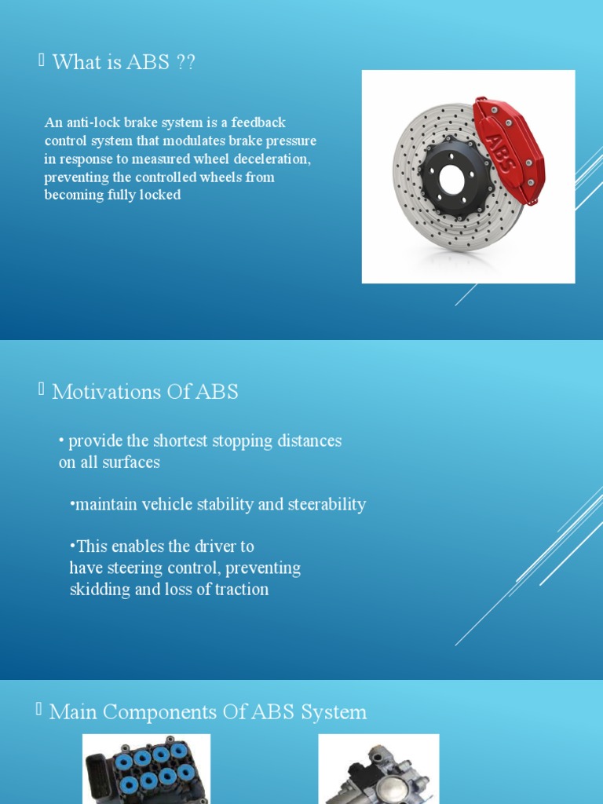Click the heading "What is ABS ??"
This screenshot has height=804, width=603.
123,63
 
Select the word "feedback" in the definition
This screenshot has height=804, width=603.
259,123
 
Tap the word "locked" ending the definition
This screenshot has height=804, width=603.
162,195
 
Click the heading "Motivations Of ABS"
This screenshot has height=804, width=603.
144,392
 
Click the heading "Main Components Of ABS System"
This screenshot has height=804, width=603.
208,712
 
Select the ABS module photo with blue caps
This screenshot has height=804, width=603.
146,770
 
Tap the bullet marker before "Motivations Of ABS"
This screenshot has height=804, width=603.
41,390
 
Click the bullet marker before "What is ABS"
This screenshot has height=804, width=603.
41,61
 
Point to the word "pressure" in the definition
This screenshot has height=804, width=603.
290,141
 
